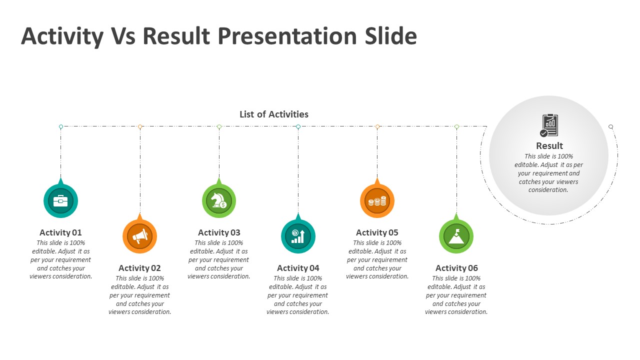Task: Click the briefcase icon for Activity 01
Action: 60,201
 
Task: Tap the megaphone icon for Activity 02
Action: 140,236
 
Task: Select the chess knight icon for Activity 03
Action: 219,201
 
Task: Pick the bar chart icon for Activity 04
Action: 298,236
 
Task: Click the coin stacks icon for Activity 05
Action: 377,201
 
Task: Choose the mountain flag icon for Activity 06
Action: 456,236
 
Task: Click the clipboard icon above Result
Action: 549,125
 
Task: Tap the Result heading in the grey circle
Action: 549,145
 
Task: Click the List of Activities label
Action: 274,114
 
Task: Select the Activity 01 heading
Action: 60,232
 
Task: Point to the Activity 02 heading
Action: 140,268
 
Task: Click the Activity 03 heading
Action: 219,232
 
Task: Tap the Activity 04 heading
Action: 298,268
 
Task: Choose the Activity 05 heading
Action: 377,232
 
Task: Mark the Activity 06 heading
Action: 456,268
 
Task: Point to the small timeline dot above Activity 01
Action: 61,127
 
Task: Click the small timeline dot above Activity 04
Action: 298,127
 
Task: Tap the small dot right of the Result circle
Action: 610,127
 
